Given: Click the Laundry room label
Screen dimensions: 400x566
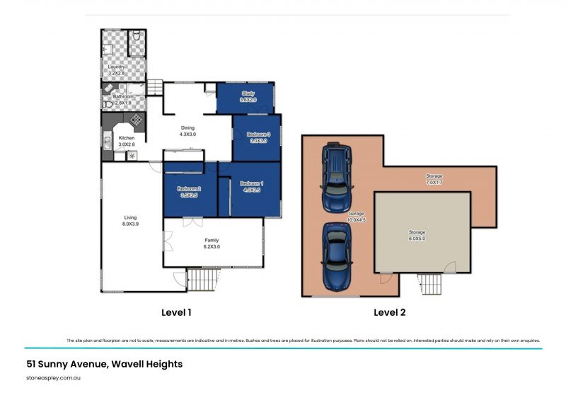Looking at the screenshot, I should [x=117, y=67].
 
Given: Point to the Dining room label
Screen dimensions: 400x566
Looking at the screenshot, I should [x=187, y=127].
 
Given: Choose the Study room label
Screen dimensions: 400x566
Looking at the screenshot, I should [x=248, y=93].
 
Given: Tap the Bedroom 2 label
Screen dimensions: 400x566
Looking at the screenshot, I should [x=189, y=188].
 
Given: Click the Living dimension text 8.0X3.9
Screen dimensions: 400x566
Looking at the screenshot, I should [x=130, y=224].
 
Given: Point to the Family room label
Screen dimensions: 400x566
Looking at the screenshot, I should [x=212, y=241].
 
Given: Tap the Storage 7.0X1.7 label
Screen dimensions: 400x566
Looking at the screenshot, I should [x=434, y=176].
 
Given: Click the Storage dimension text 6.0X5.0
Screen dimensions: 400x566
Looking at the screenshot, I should [x=417, y=239].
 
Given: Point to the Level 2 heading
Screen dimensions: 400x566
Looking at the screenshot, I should [x=389, y=312].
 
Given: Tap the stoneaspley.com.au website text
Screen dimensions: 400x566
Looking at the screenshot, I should [x=48, y=378].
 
